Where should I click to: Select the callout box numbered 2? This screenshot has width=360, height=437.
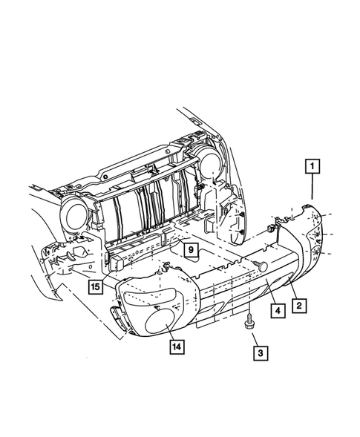point(300,304)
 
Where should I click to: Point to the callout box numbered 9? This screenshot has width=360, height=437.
point(191,250)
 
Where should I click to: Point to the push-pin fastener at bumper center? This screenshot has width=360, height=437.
point(261,265)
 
